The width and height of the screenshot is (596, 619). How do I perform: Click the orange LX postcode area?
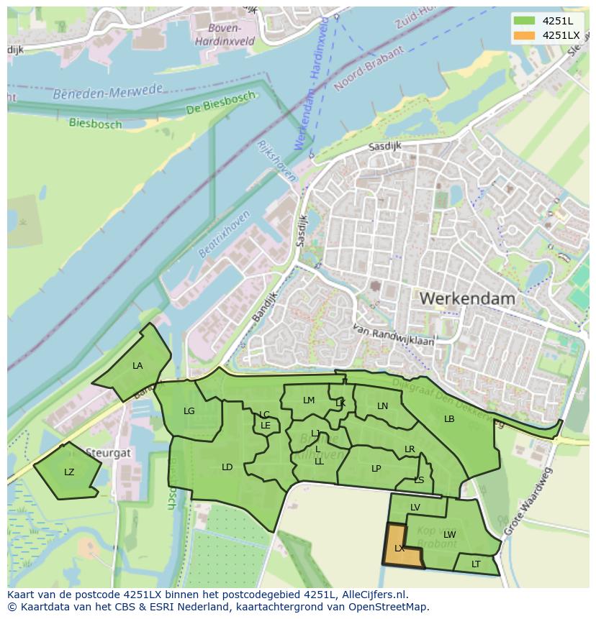click(x=401, y=547)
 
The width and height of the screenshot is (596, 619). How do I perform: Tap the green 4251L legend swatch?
click(x=524, y=21)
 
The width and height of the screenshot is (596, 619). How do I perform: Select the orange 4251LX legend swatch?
click(x=524, y=35)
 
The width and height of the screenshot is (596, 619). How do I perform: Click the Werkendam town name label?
click(x=467, y=298)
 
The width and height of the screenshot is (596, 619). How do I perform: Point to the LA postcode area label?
click(x=137, y=366)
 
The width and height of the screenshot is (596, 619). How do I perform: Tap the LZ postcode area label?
click(x=69, y=472)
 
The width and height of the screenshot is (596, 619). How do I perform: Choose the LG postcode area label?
click(x=189, y=411)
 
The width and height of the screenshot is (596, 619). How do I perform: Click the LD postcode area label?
click(x=227, y=467)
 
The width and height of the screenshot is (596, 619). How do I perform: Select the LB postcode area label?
click(x=449, y=419)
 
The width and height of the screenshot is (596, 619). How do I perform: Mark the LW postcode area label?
click(x=450, y=534)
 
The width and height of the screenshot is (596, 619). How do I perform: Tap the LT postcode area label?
click(x=476, y=564)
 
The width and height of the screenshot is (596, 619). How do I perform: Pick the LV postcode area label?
click(x=415, y=508)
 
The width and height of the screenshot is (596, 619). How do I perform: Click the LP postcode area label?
click(x=376, y=469)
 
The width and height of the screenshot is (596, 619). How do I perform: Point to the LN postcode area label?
click(x=383, y=406)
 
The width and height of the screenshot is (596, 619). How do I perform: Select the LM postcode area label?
click(x=309, y=400)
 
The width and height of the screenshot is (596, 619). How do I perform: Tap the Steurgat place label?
click(x=108, y=454)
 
